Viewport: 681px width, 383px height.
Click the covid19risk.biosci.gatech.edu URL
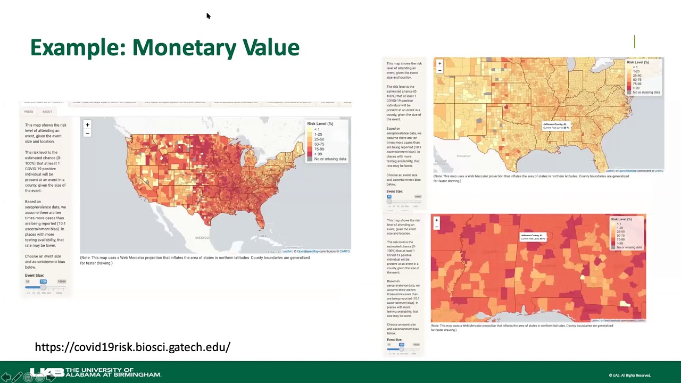coord(132,347)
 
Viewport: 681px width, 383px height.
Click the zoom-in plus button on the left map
coord(87,125)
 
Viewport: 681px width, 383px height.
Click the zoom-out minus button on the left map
coord(87,133)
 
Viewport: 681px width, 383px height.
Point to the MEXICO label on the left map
coord(202,238)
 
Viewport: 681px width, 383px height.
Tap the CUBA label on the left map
coord(261,236)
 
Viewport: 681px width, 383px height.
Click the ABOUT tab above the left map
coord(47,112)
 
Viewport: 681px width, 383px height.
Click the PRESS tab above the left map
coord(28,112)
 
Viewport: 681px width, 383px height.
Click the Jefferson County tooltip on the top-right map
coord(556,126)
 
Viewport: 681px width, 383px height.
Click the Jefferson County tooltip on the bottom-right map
coord(533,237)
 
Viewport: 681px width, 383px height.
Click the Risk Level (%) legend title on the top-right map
coord(638,62)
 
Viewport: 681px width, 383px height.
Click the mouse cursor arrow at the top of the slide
coord(208,16)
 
